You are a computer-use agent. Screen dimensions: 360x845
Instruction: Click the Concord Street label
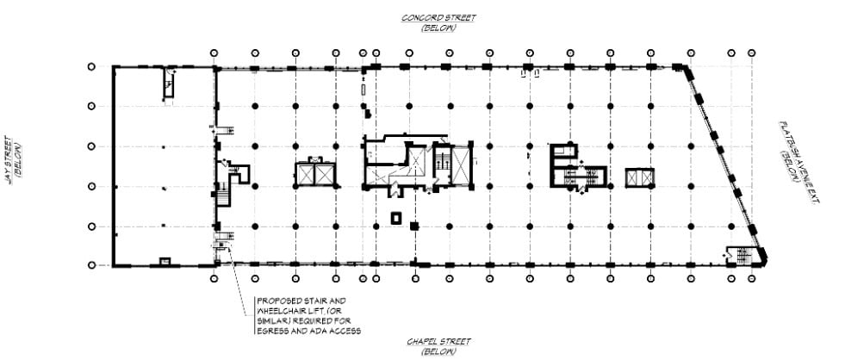(x=438, y=17)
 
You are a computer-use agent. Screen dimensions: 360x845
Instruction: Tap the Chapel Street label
(x=438, y=342)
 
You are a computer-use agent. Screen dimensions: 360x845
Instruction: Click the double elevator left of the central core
(x=315, y=173)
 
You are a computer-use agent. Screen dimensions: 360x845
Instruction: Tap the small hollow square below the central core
(x=396, y=217)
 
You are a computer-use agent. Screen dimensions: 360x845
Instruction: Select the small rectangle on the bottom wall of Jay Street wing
(x=165, y=261)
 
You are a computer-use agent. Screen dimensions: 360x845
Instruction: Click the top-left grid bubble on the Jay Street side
(x=91, y=66)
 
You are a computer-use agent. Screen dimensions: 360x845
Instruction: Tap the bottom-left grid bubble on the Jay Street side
(x=91, y=265)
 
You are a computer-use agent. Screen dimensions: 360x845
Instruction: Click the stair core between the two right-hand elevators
(x=583, y=177)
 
